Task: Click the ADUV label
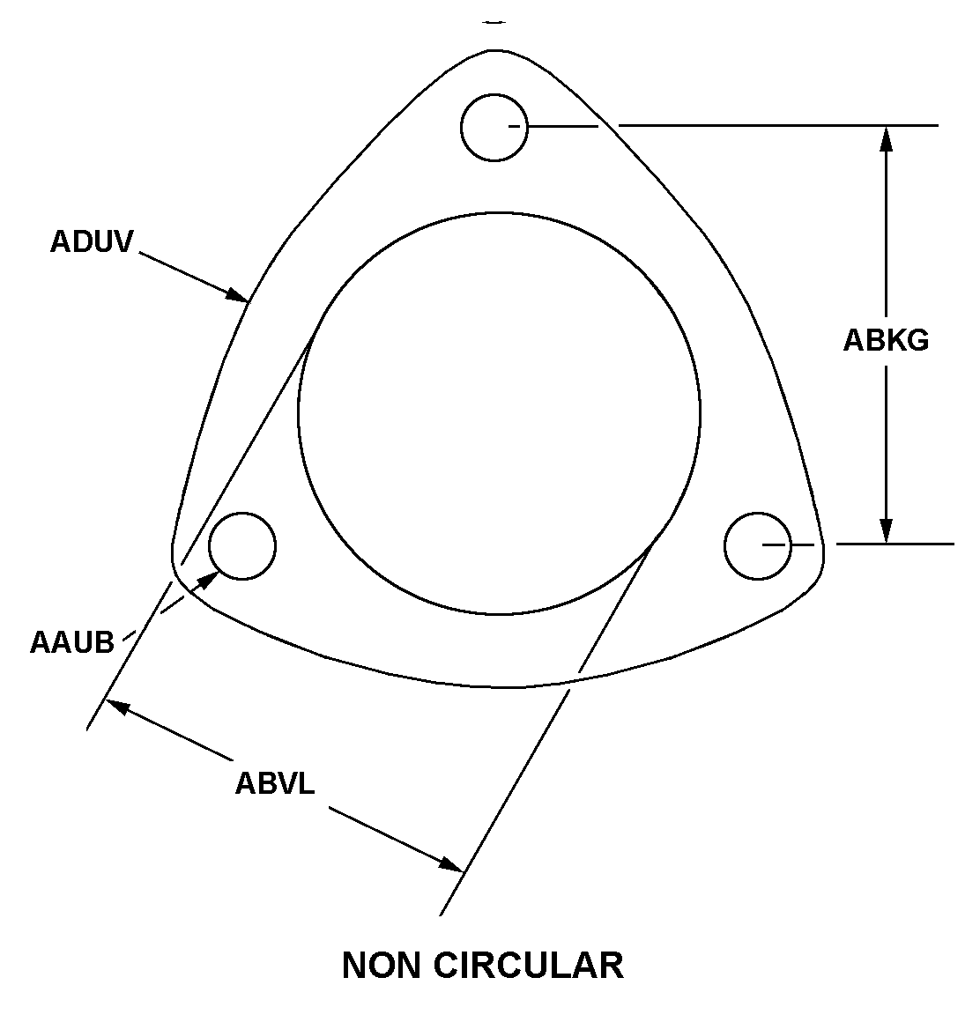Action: click(x=91, y=241)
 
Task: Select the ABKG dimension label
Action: click(x=886, y=339)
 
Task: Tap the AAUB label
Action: click(x=72, y=641)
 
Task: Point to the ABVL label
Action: click(x=274, y=782)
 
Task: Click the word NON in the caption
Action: click(x=380, y=965)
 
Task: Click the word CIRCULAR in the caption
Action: click(x=528, y=965)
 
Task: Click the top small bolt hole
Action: click(x=494, y=127)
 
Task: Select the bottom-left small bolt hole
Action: click(x=242, y=546)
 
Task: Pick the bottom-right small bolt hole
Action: click(x=758, y=546)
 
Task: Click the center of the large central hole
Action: click(x=499, y=412)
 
